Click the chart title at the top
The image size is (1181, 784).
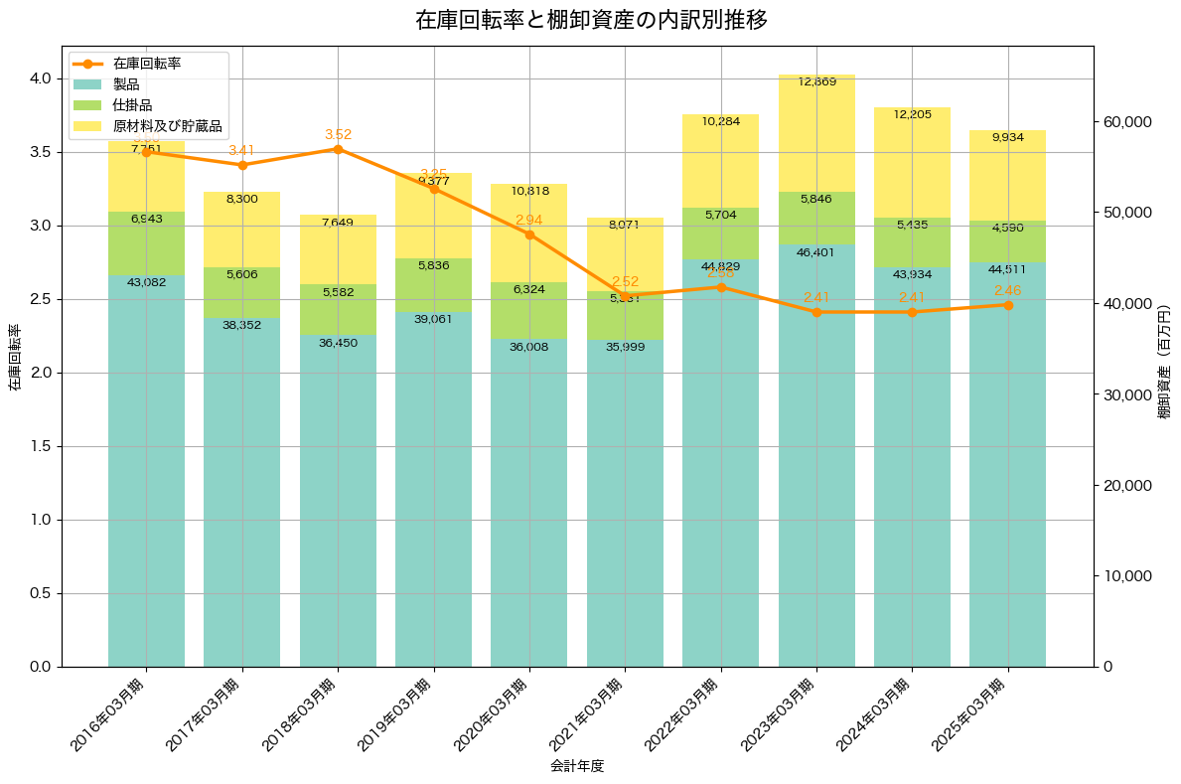tap(591, 20)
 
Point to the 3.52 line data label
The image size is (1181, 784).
tap(338, 134)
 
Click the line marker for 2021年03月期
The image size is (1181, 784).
tap(625, 295)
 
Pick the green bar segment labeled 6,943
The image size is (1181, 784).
tap(146, 243)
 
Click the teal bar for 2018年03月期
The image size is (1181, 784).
tap(338, 497)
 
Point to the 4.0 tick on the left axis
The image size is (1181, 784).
tap(42, 78)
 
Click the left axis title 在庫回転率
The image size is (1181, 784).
tap(15, 358)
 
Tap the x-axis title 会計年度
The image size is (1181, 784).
tap(577, 766)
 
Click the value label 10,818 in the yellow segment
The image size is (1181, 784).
tap(529, 191)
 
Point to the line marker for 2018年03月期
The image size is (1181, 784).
tap(338, 149)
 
